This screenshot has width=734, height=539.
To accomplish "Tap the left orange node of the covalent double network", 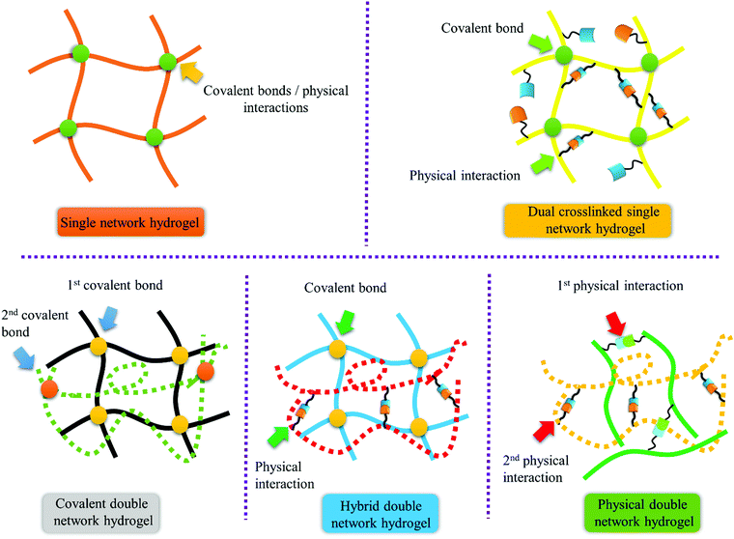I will pos(49,388).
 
